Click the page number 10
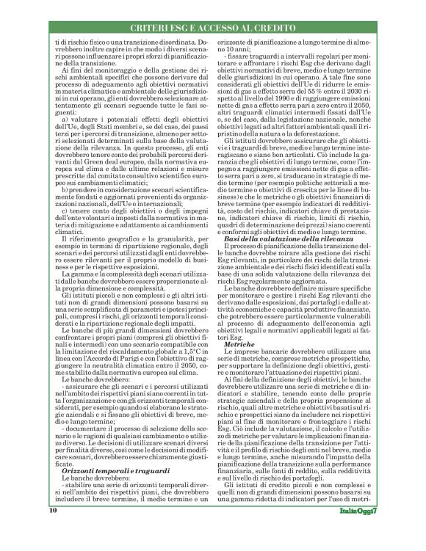tap(53, 528)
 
